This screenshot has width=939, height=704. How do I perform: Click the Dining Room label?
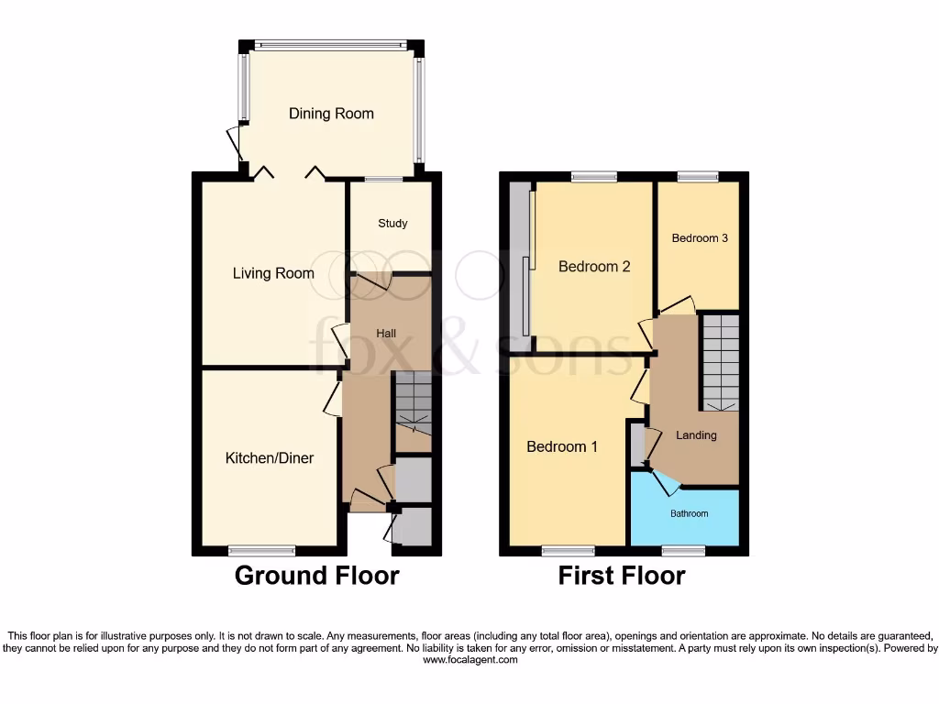[x=331, y=114]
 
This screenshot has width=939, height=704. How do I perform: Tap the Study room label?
[x=392, y=224]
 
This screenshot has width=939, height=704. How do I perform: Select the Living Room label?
[x=273, y=273]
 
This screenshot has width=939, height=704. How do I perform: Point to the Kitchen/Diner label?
[x=270, y=457]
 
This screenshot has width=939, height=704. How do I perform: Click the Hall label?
[x=386, y=334]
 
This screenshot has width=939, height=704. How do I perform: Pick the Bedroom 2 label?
[x=594, y=267]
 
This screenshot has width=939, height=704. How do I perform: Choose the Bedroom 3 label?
[x=700, y=238]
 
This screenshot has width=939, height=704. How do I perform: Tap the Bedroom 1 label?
[x=562, y=447]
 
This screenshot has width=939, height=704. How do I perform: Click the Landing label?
[x=696, y=435]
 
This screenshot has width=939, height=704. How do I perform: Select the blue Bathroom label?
[x=689, y=513]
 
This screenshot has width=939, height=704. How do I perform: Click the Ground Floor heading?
[x=316, y=576]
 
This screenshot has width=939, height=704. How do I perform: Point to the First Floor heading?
[x=622, y=576]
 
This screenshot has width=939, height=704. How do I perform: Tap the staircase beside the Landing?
[x=721, y=361]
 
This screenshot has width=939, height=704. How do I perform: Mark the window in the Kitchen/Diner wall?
[x=262, y=551]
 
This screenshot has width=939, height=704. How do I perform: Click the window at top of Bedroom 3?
[x=698, y=177]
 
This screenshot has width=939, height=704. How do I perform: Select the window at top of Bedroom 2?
[x=593, y=177]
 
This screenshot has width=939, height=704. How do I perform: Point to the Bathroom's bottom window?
[x=683, y=551]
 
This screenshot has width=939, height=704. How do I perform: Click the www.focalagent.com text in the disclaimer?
[x=469, y=660]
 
